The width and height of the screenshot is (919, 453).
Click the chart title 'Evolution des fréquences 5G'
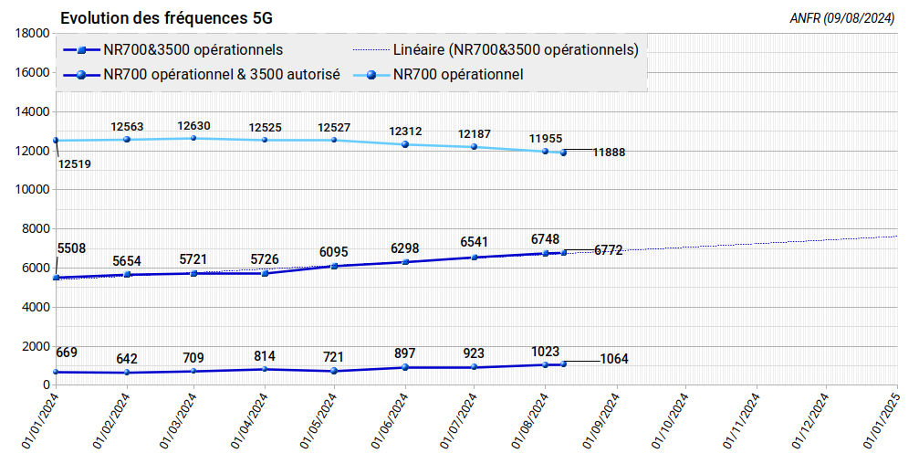click(166, 18)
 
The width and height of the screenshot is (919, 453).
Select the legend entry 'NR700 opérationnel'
click(458, 75)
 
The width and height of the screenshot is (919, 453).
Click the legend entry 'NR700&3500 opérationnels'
click(193, 49)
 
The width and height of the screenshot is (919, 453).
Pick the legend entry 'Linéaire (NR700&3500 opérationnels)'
click(515, 49)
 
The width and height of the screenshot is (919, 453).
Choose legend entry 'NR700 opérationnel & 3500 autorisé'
click(223, 75)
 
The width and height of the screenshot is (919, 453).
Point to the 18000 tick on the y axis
click(33, 33)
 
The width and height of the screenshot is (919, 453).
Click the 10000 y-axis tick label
click(33, 190)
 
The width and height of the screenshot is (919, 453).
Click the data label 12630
click(194, 126)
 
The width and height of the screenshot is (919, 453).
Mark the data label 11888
click(609, 153)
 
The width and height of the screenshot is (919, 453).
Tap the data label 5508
click(71, 248)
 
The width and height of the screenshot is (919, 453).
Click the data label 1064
click(614, 359)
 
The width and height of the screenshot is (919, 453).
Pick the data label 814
click(265, 356)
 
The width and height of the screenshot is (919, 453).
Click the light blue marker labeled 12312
click(405, 144)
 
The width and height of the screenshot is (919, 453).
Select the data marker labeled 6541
click(475, 258)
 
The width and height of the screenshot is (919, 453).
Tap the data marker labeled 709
click(194, 371)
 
